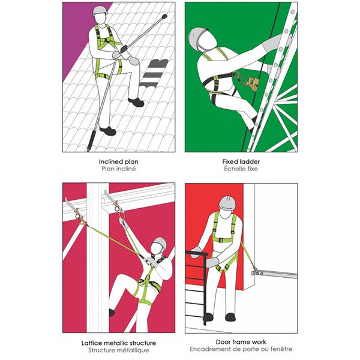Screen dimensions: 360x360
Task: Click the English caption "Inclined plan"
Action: [118, 161]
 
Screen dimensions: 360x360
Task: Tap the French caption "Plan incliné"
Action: [119, 169]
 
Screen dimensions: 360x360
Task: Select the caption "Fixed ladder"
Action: [241, 161]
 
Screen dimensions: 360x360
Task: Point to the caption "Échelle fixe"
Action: [241, 169]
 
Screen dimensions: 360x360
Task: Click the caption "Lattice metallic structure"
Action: [119, 343]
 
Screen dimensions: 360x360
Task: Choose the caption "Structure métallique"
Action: [119, 350]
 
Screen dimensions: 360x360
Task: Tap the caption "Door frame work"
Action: [241, 342]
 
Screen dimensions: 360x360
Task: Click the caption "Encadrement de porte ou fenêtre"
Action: [241, 349]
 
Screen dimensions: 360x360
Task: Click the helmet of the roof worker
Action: [100, 10]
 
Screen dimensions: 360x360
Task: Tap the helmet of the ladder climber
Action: [197, 38]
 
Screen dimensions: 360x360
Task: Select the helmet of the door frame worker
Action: [227, 202]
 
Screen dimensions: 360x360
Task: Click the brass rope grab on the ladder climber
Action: [253, 82]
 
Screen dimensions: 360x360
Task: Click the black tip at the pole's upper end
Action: [164, 16]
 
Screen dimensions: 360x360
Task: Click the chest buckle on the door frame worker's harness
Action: [221, 241]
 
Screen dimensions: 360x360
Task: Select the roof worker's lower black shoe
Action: [107, 131]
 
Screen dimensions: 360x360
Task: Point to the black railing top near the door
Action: [197, 253]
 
